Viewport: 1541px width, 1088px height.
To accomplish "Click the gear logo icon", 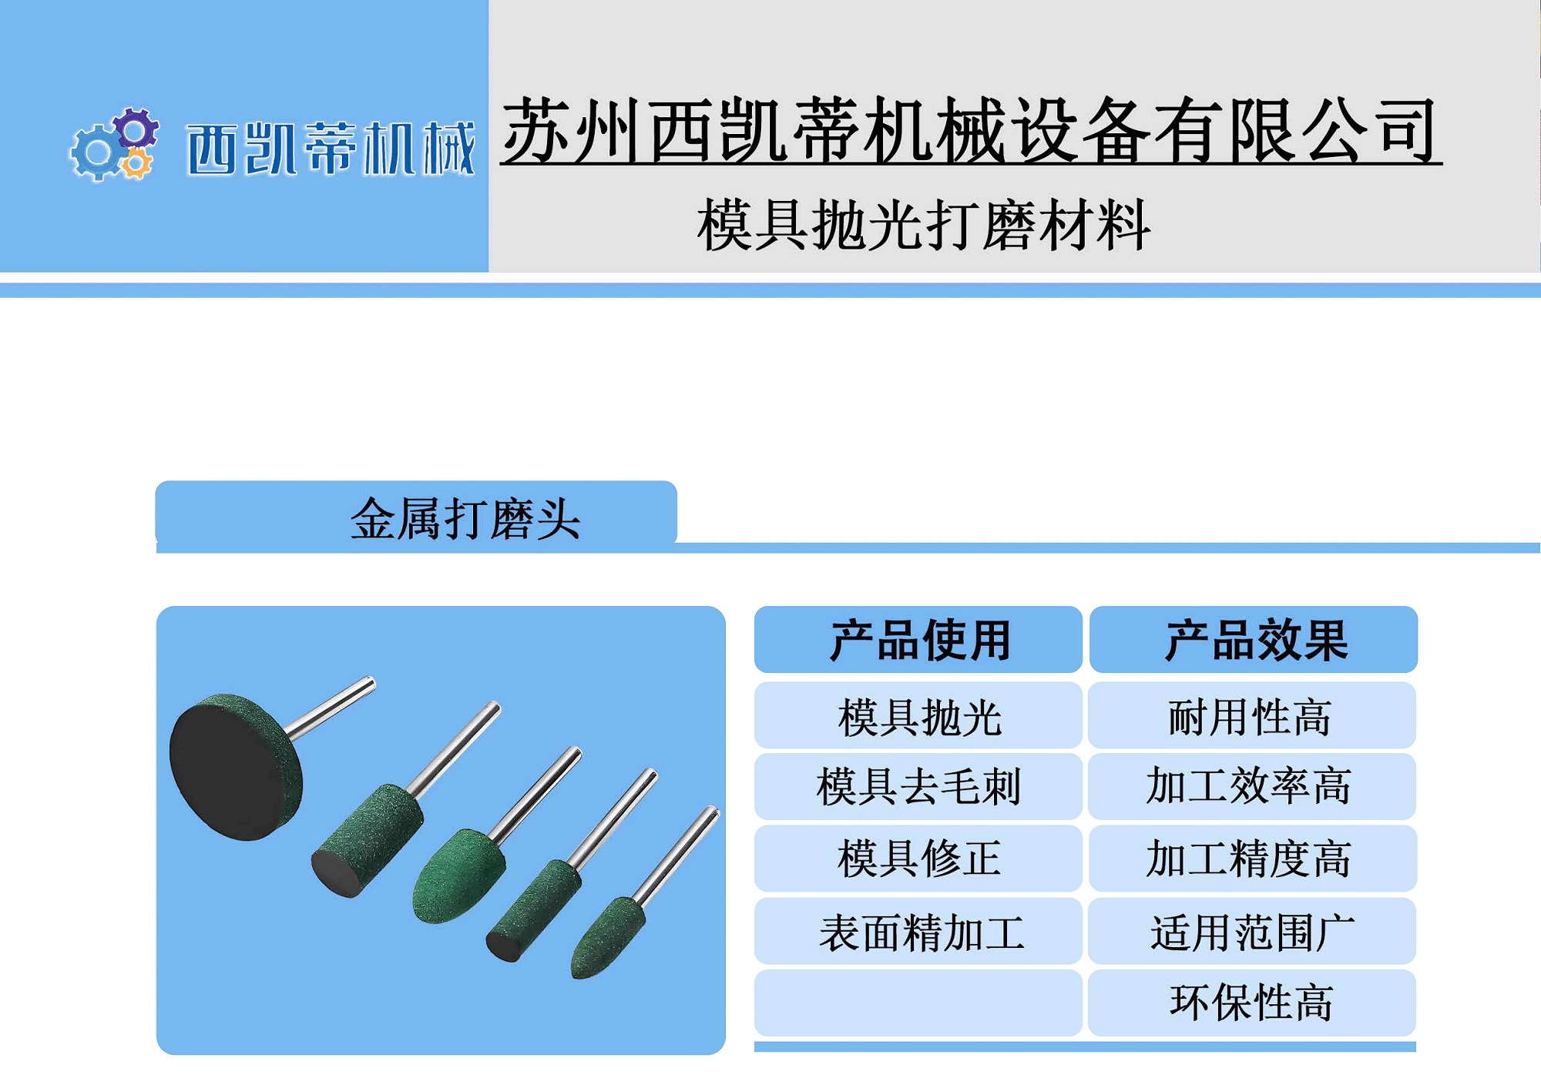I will point(114,145).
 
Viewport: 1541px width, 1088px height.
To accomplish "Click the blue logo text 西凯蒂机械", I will point(331,148).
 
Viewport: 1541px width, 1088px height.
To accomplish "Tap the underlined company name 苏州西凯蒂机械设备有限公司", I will point(970,130).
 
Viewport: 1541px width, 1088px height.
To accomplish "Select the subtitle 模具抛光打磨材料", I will point(924,225).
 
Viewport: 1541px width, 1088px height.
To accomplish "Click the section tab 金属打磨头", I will point(465,518).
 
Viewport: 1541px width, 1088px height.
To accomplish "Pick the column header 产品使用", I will point(919,640).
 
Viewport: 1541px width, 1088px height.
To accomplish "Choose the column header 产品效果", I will point(1254,640).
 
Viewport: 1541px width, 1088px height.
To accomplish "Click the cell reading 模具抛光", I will point(919,717).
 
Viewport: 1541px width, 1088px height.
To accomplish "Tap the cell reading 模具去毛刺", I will point(919,787).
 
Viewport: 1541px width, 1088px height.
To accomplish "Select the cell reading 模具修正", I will point(919,859).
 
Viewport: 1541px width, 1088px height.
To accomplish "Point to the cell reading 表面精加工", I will point(919,932).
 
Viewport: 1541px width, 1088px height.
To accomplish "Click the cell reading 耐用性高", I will point(1251,717).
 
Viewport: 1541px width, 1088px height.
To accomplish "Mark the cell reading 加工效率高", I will point(1251,787).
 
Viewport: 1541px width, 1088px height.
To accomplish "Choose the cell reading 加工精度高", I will point(1251,859).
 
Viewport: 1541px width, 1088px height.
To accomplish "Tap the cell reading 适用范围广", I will point(1251,932).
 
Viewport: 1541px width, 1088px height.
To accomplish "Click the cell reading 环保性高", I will point(1251,1003).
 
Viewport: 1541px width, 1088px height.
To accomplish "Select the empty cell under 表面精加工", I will point(919,1003).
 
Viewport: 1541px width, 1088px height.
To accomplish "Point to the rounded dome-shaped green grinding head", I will point(455,878).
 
